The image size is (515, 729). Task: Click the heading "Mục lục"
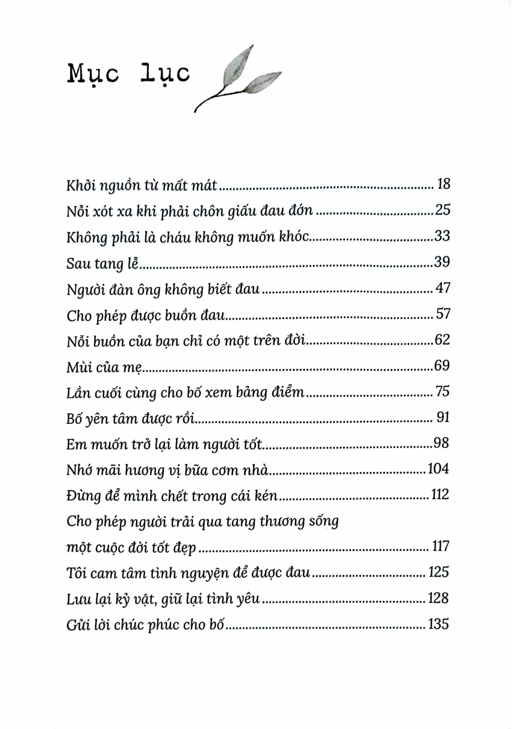pyautogui.click(x=129, y=74)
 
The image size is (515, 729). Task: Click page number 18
pyautogui.click(x=444, y=184)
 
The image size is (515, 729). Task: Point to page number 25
pyautogui.click(x=443, y=210)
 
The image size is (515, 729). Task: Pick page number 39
pyautogui.click(x=442, y=262)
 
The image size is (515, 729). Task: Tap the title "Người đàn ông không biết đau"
pyautogui.click(x=163, y=290)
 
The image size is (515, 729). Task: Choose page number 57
pyautogui.click(x=443, y=314)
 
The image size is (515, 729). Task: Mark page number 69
pyautogui.click(x=442, y=365)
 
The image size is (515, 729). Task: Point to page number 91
pyautogui.click(x=443, y=417)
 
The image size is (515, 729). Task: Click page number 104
pyautogui.click(x=438, y=469)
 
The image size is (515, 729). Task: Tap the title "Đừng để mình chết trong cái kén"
pyautogui.click(x=172, y=496)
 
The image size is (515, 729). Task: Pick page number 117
pyautogui.click(x=441, y=546)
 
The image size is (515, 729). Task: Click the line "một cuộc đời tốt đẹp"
pyautogui.click(x=131, y=548)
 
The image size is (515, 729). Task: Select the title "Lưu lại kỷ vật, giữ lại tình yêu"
pyautogui.click(x=163, y=599)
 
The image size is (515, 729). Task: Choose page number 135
pyautogui.click(x=439, y=624)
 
